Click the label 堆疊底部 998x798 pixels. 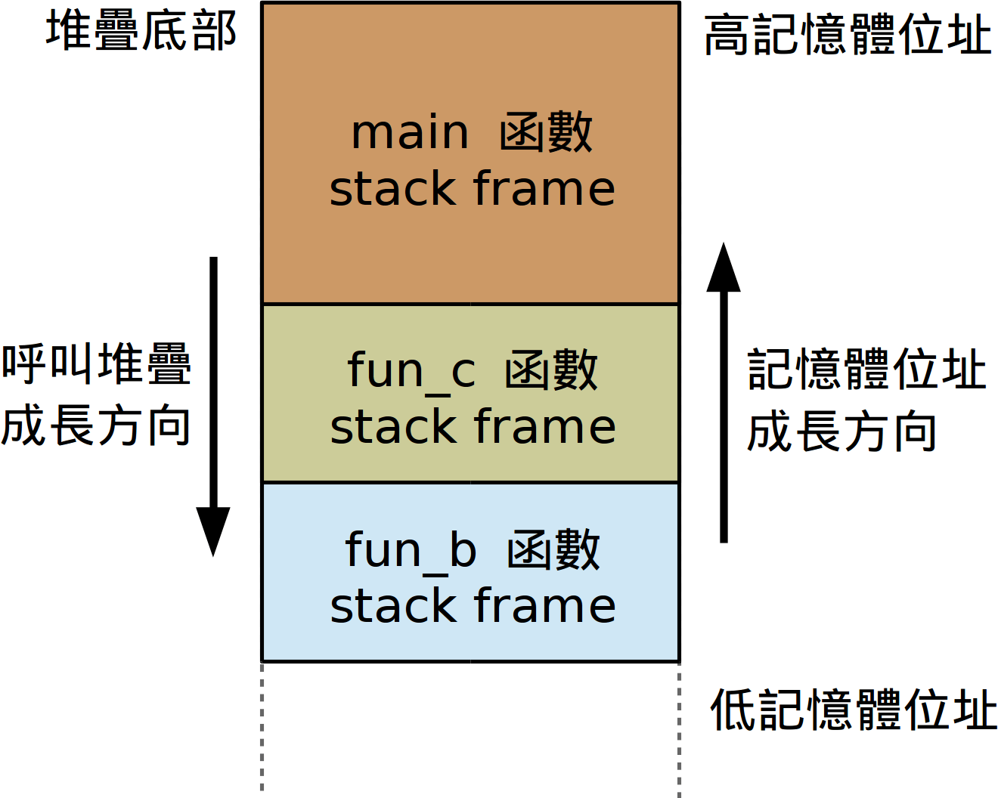(x=141, y=32)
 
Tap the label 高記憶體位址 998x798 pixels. (x=848, y=35)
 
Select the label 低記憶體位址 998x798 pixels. (x=854, y=710)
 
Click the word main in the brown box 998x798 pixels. (x=410, y=133)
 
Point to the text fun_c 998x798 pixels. (x=411, y=371)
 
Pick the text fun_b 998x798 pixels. (x=411, y=550)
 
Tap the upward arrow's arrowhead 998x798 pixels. (x=724, y=268)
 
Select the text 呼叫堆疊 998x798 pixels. (x=96, y=363)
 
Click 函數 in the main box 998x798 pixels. (x=546, y=133)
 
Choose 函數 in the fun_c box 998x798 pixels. (x=551, y=371)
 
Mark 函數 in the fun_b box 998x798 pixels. (x=553, y=550)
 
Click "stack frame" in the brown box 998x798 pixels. (x=473, y=189)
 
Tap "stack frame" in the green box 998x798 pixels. (x=473, y=427)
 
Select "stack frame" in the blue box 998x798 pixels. (x=473, y=606)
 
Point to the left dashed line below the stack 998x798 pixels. (x=262, y=729)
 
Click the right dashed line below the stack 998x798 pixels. (x=679, y=729)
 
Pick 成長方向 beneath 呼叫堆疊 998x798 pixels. (x=96, y=425)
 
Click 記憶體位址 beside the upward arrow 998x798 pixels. (x=867, y=370)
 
